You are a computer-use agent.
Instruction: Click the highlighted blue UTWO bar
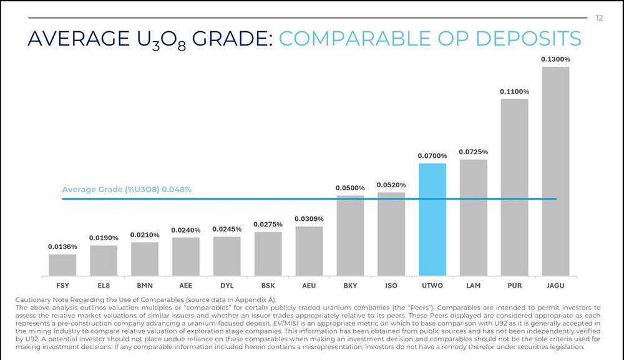pyautogui.click(x=432, y=219)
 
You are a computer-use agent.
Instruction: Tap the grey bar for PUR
pyautogui.click(x=514, y=187)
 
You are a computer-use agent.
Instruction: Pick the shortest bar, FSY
pyautogui.click(x=62, y=265)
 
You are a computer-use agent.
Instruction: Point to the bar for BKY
pyautogui.click(x=350, y=235)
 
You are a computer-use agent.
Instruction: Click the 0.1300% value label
pyautogui.click(x=555, y=59)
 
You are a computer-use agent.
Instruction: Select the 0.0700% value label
pyautogui.click(x=432, y=155)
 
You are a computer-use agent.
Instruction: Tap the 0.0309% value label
pyautogui.click(x=309, y=218)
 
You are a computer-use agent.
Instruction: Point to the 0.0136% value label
pyautogui.click(x=62, y=246)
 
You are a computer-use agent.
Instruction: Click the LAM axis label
pyautogui.click(x=473, y=285)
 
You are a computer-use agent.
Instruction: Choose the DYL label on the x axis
pyautogui.click(x=227, y=285)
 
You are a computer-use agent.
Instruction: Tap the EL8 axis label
pyautogui.click(x=104, y=285)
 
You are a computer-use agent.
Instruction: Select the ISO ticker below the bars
pyautogui.click(x=391, y=285)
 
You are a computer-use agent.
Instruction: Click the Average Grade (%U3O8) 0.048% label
pyautogui.click(x=127, y=190)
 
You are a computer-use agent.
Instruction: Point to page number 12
pyautogui.click(x=600, y=18)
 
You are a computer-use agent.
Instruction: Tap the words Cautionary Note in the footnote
pyautogui.click(x=40, y=301)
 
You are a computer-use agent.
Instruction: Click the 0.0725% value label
pyautogui.click(x=473, y=152)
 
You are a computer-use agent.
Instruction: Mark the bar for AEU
pyautogui.click(x=309, y=251)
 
